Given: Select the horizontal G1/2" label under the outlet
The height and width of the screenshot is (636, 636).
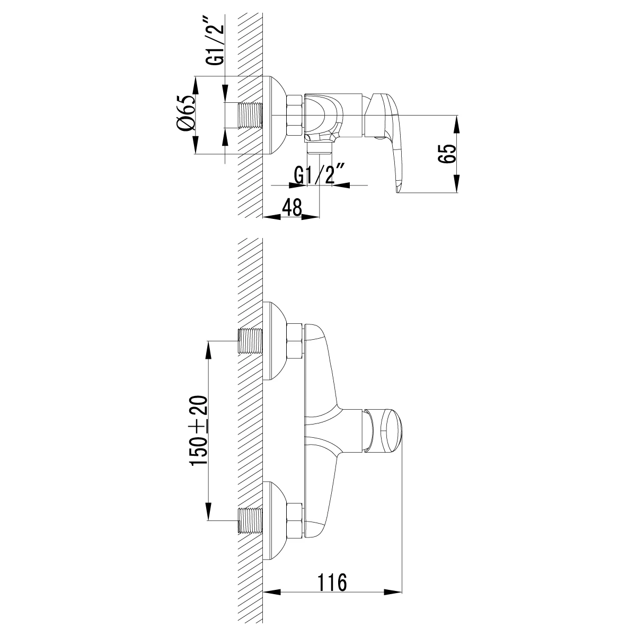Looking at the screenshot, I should click(x=320, y=174).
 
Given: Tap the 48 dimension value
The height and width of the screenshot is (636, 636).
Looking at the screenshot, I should click(x=291, y=206).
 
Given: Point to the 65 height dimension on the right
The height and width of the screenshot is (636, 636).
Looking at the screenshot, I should click(x=446, y=154).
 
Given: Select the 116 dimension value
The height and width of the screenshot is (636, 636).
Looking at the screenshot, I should click(x=332, y=581).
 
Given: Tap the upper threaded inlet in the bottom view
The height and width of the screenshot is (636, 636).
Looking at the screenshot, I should click(x=251, y=341).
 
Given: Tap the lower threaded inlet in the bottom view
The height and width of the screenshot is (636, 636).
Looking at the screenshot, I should click(x=251, y=519).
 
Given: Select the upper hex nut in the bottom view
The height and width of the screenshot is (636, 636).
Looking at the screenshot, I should click(x=294, y=341).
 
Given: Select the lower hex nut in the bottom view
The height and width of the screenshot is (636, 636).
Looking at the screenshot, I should click(x=294, y=519).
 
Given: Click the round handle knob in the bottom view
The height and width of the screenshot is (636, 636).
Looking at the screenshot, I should click(x=390, y=430).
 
